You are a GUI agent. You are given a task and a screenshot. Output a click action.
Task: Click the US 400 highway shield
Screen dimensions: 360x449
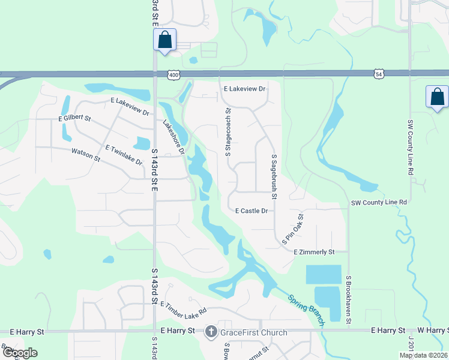pyautogui.click(x=174, y=74)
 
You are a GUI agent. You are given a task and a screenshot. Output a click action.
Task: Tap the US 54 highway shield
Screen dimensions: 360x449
pyautogui.click(x=378, y=74)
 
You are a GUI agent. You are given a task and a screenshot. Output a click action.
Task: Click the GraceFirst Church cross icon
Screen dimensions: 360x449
pyautogui.click(x=211, y=332)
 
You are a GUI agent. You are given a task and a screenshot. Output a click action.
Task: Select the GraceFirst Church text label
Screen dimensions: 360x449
pyautogui.click(x=255, y=332)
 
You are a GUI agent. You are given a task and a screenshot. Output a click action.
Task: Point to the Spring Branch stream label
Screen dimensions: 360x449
pyautogui.click(x=306, y=310)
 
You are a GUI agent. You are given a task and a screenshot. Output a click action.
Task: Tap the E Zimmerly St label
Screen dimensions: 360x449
pyautogui.click(x=313, y=253)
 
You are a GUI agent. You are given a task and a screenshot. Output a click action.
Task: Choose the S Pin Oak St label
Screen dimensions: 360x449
pyautogui.click(x=293, y=229)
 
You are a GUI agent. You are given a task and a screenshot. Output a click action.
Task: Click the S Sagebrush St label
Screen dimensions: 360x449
pyautogui.click(x=274, y=176)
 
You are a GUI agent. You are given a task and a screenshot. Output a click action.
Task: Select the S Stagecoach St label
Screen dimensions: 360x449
pyautogui.click(x=228, y=133)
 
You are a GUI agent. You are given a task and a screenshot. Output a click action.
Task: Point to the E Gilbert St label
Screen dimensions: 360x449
pyautogui.click(x=74, y=119)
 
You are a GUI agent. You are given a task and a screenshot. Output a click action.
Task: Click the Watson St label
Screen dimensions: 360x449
pyautogui.click(x=86, y=154)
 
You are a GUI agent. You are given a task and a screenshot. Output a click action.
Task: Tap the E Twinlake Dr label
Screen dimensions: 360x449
pyautogui.click(x=124, y=155)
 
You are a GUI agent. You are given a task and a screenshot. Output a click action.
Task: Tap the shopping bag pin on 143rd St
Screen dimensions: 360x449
pyautogui.click(x=165, y=40)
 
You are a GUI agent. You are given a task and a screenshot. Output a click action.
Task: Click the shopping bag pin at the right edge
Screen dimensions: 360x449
pyautogui.click(x=437, y=97)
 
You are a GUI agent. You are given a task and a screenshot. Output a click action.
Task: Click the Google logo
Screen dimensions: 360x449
pyautogui.click(x=19, y=352)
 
